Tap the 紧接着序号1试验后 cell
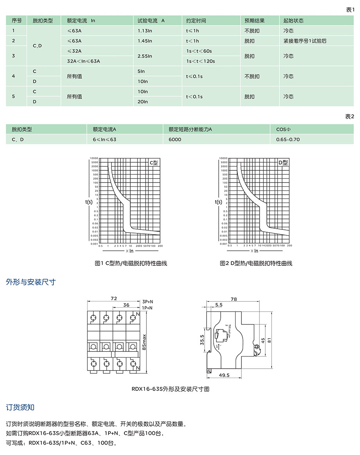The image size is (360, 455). pos(305,41)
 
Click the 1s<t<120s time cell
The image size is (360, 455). pos(201,61)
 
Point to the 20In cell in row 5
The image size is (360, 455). pos(143,102)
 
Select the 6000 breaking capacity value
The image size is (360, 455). pos(175,139)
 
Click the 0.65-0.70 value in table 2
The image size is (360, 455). pos(288,139)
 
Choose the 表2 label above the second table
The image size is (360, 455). pos(349,117)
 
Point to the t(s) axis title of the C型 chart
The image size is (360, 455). pos(89,202)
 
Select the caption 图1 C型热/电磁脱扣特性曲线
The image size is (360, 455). pos(131,263)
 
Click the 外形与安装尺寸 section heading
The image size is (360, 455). pos(31,282)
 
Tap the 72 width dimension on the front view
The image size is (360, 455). pos(114,298)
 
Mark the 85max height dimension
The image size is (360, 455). pos(144,342)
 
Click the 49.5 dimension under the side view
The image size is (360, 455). pos(225,375)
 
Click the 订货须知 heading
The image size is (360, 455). pos(20,407)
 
